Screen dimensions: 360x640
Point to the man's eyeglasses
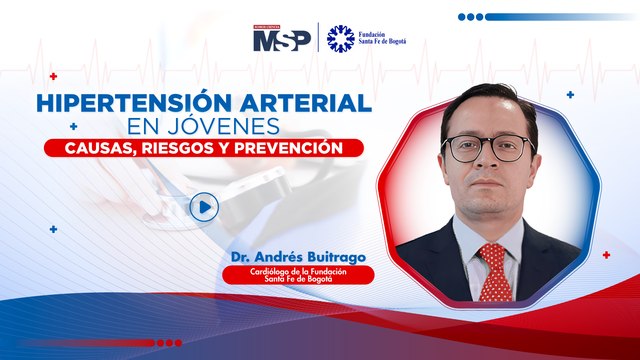[487, 149]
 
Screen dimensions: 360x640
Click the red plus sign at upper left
[53, 75]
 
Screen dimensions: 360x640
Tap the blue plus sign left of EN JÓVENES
[74, 127]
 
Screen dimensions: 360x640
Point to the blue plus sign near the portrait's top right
[570, 95]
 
